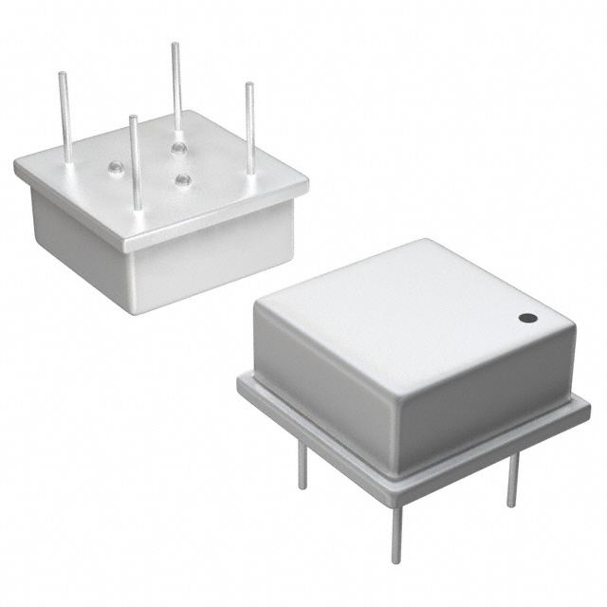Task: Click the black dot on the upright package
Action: point(527,318)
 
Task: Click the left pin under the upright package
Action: point(303,466)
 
